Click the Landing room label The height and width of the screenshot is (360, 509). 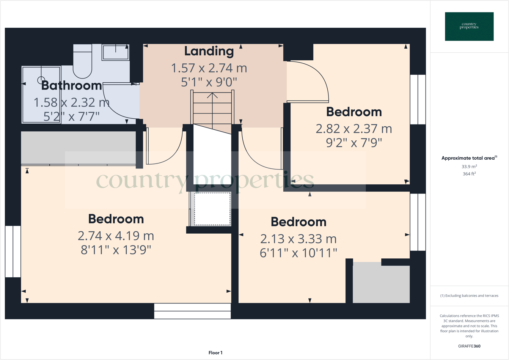tap(209, 51)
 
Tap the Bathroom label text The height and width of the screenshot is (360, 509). tap(71, 85)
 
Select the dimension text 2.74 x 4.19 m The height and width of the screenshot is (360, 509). tap(116, 236)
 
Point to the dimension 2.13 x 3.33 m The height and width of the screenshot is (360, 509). tap(298, 239)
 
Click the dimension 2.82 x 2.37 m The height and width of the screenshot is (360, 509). tap(354, 129)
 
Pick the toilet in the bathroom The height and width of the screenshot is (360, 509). tap(82, 61)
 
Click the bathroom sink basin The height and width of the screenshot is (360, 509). tap(115, 52)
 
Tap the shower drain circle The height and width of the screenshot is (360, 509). tap(41, 80)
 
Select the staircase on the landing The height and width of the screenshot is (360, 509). tap(212, 108)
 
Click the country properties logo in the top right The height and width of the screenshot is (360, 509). tap(469, 27)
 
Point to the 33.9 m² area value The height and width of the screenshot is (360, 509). tap(469, 167)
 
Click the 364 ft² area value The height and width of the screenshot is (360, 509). tap(469, 174)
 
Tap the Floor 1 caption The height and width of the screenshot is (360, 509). tap(215, 353)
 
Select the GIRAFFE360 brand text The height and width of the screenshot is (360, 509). tap(469, 346)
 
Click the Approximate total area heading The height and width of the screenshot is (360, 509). tap(469, 158)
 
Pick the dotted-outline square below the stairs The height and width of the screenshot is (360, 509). tap(212, 209)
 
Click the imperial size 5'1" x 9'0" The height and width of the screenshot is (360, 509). tap(209, 82)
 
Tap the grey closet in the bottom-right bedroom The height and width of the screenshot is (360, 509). tap(381, 283)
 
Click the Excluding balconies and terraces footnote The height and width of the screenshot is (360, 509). tap(469, 296)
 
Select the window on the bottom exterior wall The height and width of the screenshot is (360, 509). tap(192, 311)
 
